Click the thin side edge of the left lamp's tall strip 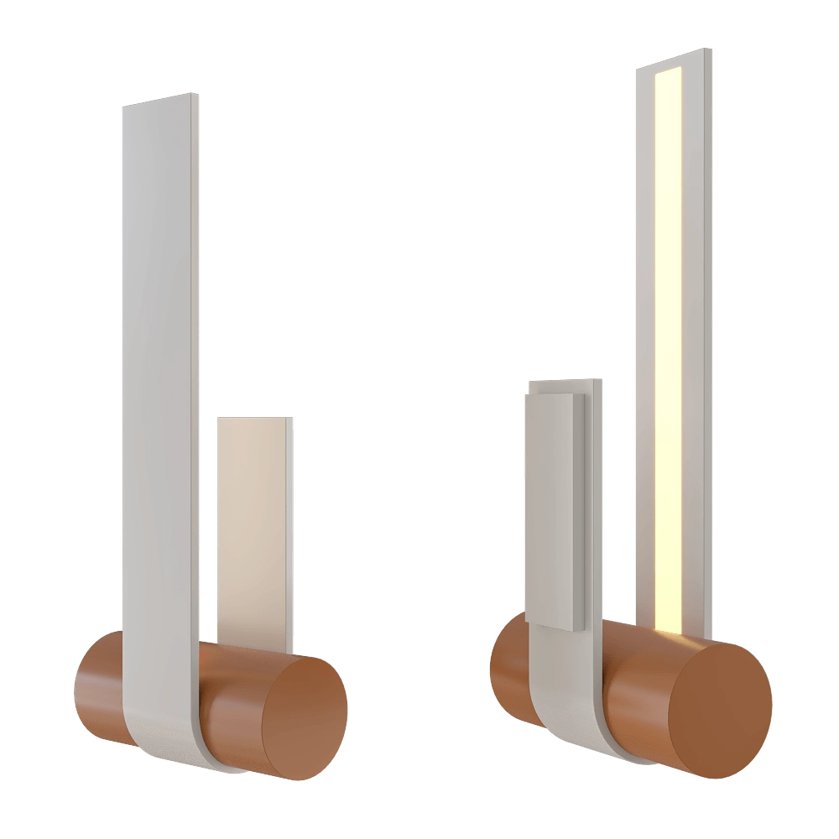[x=197, y=378]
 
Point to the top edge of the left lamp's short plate [x=254, y=419]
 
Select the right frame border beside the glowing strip [x=696, y=336]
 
